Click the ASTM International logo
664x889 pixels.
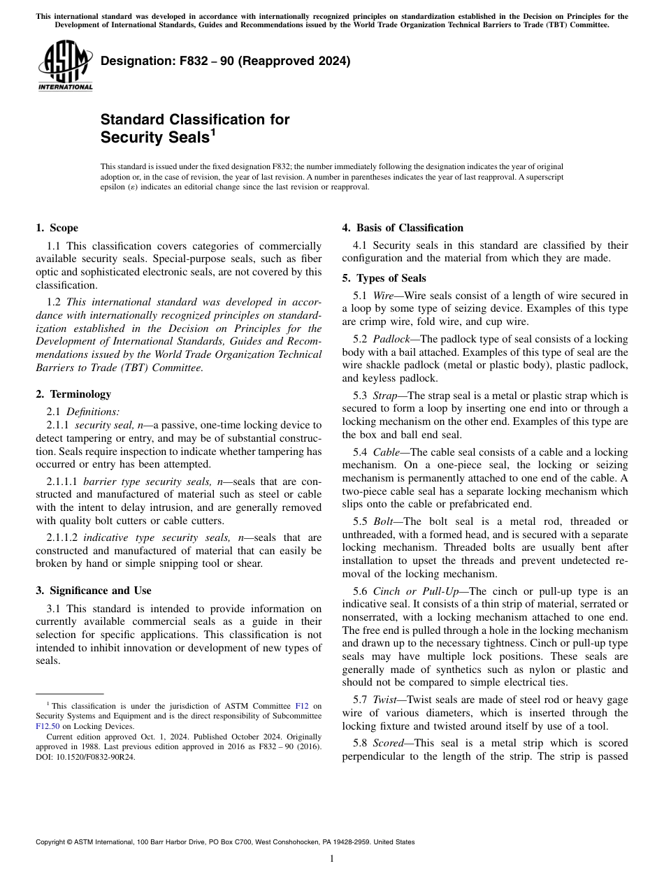pyautogui.click(x=65, y=66)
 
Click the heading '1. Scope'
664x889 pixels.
pyautogui.click(x=57, y=228)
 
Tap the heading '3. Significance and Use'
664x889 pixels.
pyautogui.click(x=93, y=591)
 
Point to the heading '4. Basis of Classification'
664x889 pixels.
pyautogui.click(x=402, y=228)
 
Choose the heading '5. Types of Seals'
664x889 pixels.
pyautogui.click(x=384, y=278)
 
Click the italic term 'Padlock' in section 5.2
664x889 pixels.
pyautogui.click(x=391, y=338)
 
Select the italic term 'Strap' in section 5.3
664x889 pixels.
pyautogui.click(x=385, y=396)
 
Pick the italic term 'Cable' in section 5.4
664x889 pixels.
pyautogui.click(x=386, y=452)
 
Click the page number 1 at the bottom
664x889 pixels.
pyautogui.click(x=332, y=859)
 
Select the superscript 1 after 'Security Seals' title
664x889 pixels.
pyautogui.click(x=212, y=131)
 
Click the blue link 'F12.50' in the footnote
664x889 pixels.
pyautogui.click(x=46, y=726)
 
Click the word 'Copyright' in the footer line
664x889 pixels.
pyautogui.click(x=53, y=842)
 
